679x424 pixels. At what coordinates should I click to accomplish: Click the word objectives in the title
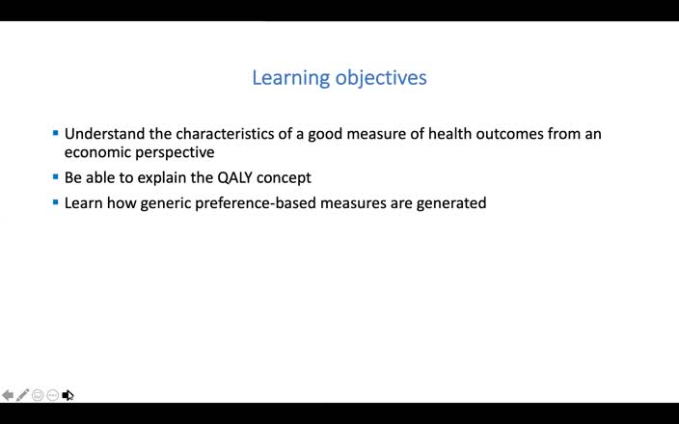(381, 78)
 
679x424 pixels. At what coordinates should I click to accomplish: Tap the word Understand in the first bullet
(104, 134)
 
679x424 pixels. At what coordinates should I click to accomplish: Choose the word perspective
(177, 152)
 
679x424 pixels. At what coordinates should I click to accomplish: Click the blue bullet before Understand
(55, 133)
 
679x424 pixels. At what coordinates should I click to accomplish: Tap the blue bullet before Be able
(55, 177)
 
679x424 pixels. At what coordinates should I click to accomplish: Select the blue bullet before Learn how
(55, 202)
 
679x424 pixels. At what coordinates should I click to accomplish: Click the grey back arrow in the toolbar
(8, 395)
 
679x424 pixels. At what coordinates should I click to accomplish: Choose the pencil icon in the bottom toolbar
(22, 395)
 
